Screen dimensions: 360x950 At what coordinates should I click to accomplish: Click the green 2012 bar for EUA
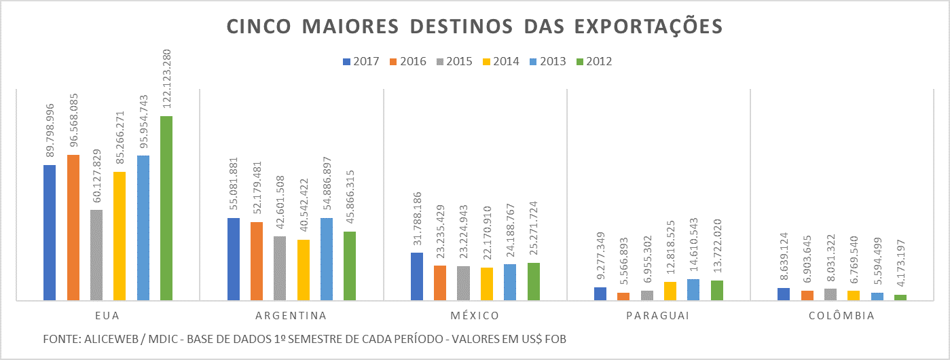click(166, 208)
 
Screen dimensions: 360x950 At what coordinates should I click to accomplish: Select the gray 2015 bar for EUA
click(96, 255)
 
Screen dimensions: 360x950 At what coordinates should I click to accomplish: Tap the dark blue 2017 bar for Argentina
click(233, 259)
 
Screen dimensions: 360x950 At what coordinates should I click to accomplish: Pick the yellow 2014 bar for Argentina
click(303, 270)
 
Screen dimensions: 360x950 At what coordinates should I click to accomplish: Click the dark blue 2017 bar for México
click(417, 276)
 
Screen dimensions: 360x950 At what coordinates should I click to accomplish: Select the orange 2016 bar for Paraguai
click(623, 296)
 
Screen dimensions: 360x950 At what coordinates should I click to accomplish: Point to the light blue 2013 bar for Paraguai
click(693, 289)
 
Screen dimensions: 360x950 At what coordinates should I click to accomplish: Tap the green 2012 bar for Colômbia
click(900, 298)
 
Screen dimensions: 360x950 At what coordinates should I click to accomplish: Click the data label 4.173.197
click(901, 266)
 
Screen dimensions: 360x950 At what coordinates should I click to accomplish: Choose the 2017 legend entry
click(361, 61)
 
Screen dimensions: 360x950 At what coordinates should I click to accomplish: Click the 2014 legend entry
click(500, 61)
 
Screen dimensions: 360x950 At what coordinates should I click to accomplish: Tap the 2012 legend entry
click(593, 61)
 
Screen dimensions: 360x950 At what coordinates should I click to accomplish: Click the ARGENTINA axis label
click(291, 316)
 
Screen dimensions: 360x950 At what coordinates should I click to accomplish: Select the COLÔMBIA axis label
click(842, 316)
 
